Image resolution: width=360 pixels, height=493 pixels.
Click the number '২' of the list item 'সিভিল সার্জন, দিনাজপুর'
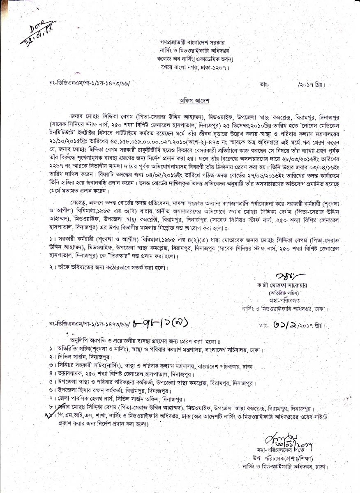[49, 357]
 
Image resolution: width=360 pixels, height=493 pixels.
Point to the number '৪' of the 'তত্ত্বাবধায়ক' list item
[49, 375]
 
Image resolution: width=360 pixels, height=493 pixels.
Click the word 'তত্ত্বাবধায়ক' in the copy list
[68, 375]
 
